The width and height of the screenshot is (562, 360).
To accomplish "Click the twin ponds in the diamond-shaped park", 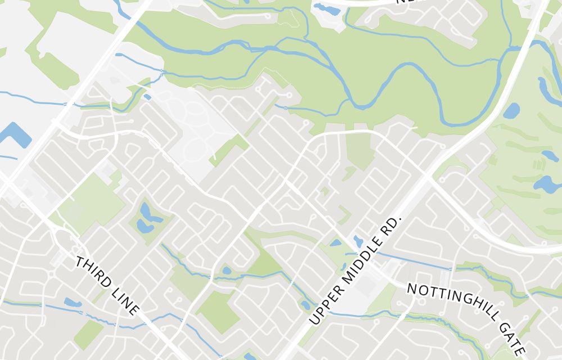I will pyautogui.click(x=147, y=218).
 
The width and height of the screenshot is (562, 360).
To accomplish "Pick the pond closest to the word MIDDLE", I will pyautogui.click(x=358, y=241).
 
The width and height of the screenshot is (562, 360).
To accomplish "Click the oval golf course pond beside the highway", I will pyautogui.click(x=511, y=111).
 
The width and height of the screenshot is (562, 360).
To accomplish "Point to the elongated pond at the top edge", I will pyautogui.click(x=326, y=9).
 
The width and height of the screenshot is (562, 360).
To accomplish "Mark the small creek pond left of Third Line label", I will pyautogui.click(x=72, y=303).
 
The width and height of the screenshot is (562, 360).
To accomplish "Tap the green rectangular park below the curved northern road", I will pyautogui.click(x=360, y=150).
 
